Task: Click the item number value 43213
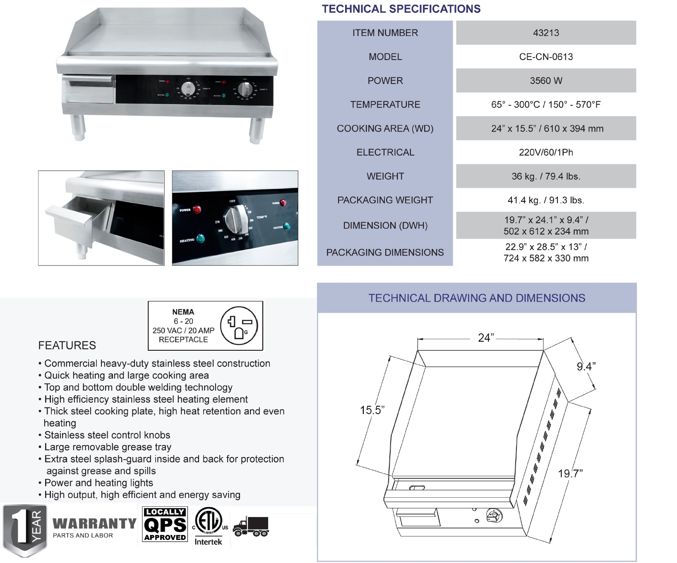545,33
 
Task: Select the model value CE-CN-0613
545,57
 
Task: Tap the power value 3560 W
545,81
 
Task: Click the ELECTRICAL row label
385,152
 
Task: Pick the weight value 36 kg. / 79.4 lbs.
545,176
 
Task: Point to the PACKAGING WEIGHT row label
385,200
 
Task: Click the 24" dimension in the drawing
485,338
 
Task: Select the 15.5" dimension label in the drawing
372,410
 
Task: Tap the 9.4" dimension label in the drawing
586,367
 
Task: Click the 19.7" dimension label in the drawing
570,474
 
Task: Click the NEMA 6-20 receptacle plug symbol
239,326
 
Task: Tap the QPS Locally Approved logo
165,524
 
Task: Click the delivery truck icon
251,527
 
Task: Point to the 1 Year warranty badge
25,529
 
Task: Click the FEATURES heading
67,345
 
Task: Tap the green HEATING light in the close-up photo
200,239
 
